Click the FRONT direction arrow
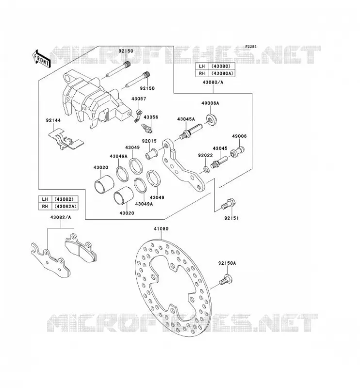click(41, 59)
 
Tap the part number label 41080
click(161, 229)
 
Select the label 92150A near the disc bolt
click(227, 263)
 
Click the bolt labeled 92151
click(229, 204)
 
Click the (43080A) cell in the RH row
click(222, 74)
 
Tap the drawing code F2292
click(251, 47)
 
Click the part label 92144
click(53, 120)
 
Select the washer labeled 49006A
click(211, 119)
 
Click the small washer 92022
click(206, 169)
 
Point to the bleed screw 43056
click(147, 128)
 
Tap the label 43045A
click(186, 119)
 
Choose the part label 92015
click(149, 141)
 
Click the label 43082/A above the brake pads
click(61, 217)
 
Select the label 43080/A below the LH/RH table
click(213, 82)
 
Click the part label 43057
click(139, 99)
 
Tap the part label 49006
click(239, 136)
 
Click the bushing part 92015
click(151, 154)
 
